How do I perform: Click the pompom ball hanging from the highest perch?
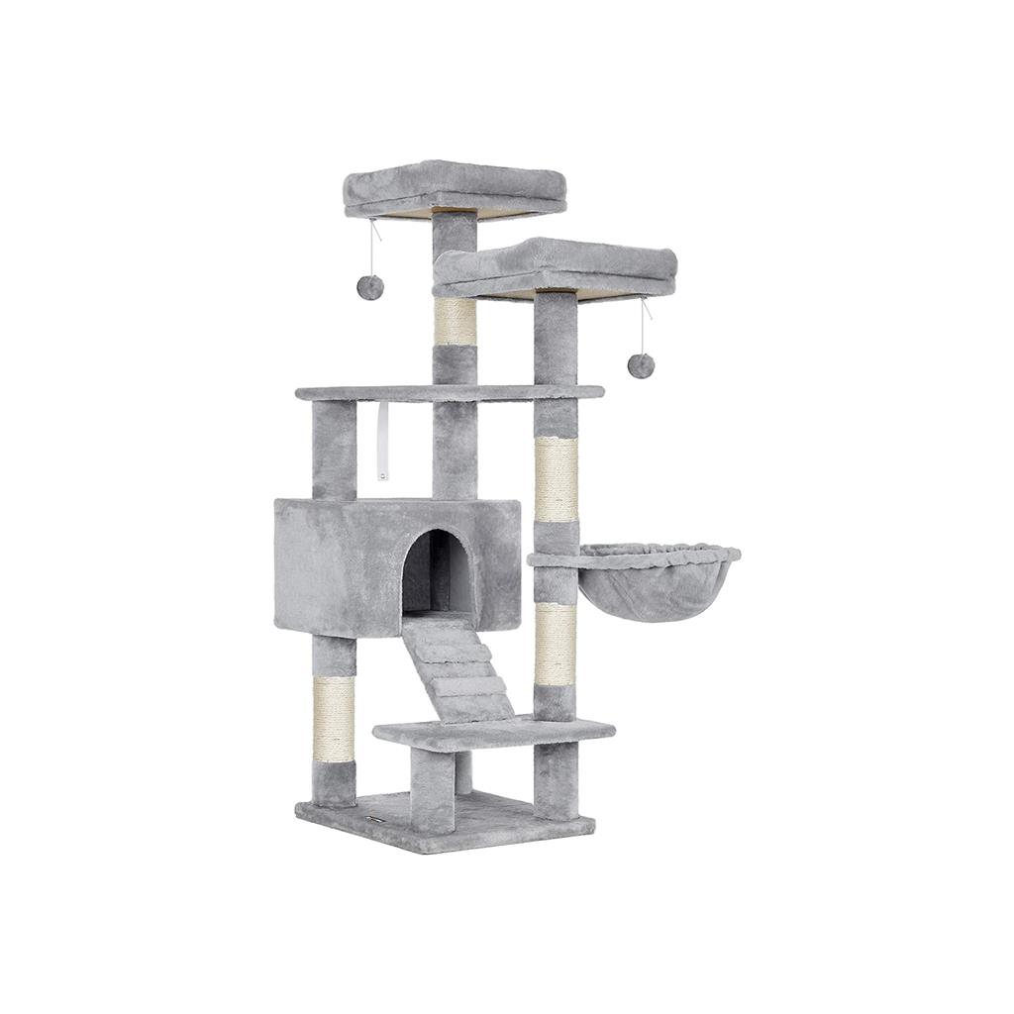370,287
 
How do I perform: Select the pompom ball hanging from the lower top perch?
641,365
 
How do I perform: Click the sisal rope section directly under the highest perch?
455,321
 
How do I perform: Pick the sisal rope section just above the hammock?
556,479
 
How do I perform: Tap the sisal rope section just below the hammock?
556,645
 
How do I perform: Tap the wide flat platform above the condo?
449,392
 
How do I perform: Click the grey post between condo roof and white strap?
334,451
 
